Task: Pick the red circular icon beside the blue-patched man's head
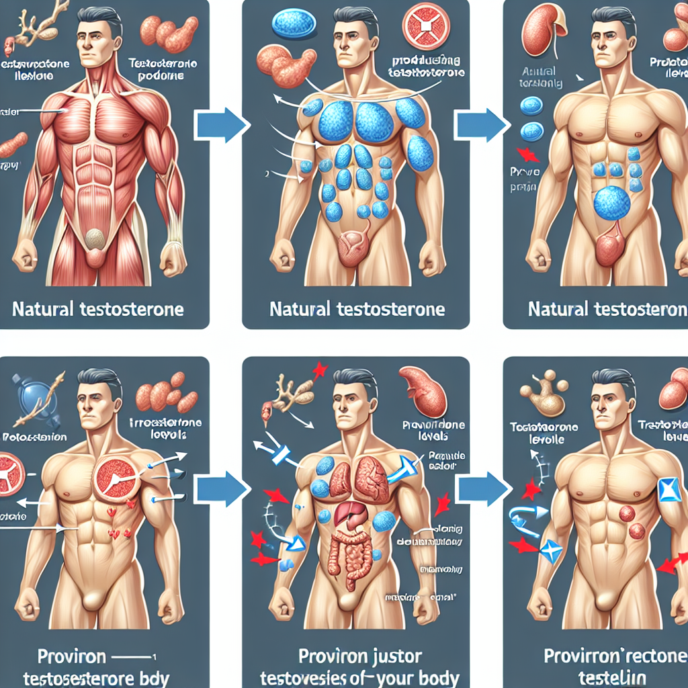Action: pyautogui.click(x=425, y=26)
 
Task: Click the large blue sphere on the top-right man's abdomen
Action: pyautogui.click(x=612, y=202)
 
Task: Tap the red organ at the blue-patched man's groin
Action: pyautogui.click(x=353, y=247)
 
